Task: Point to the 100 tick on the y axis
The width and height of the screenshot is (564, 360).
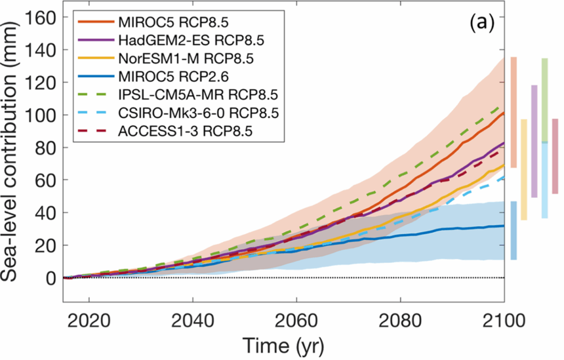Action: coord(40,115)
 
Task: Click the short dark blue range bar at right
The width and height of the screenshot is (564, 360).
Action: coord(514,231)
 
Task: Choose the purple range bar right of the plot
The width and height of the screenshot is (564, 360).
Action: coord(534,141)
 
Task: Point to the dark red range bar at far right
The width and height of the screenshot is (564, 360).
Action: coord(555,156)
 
